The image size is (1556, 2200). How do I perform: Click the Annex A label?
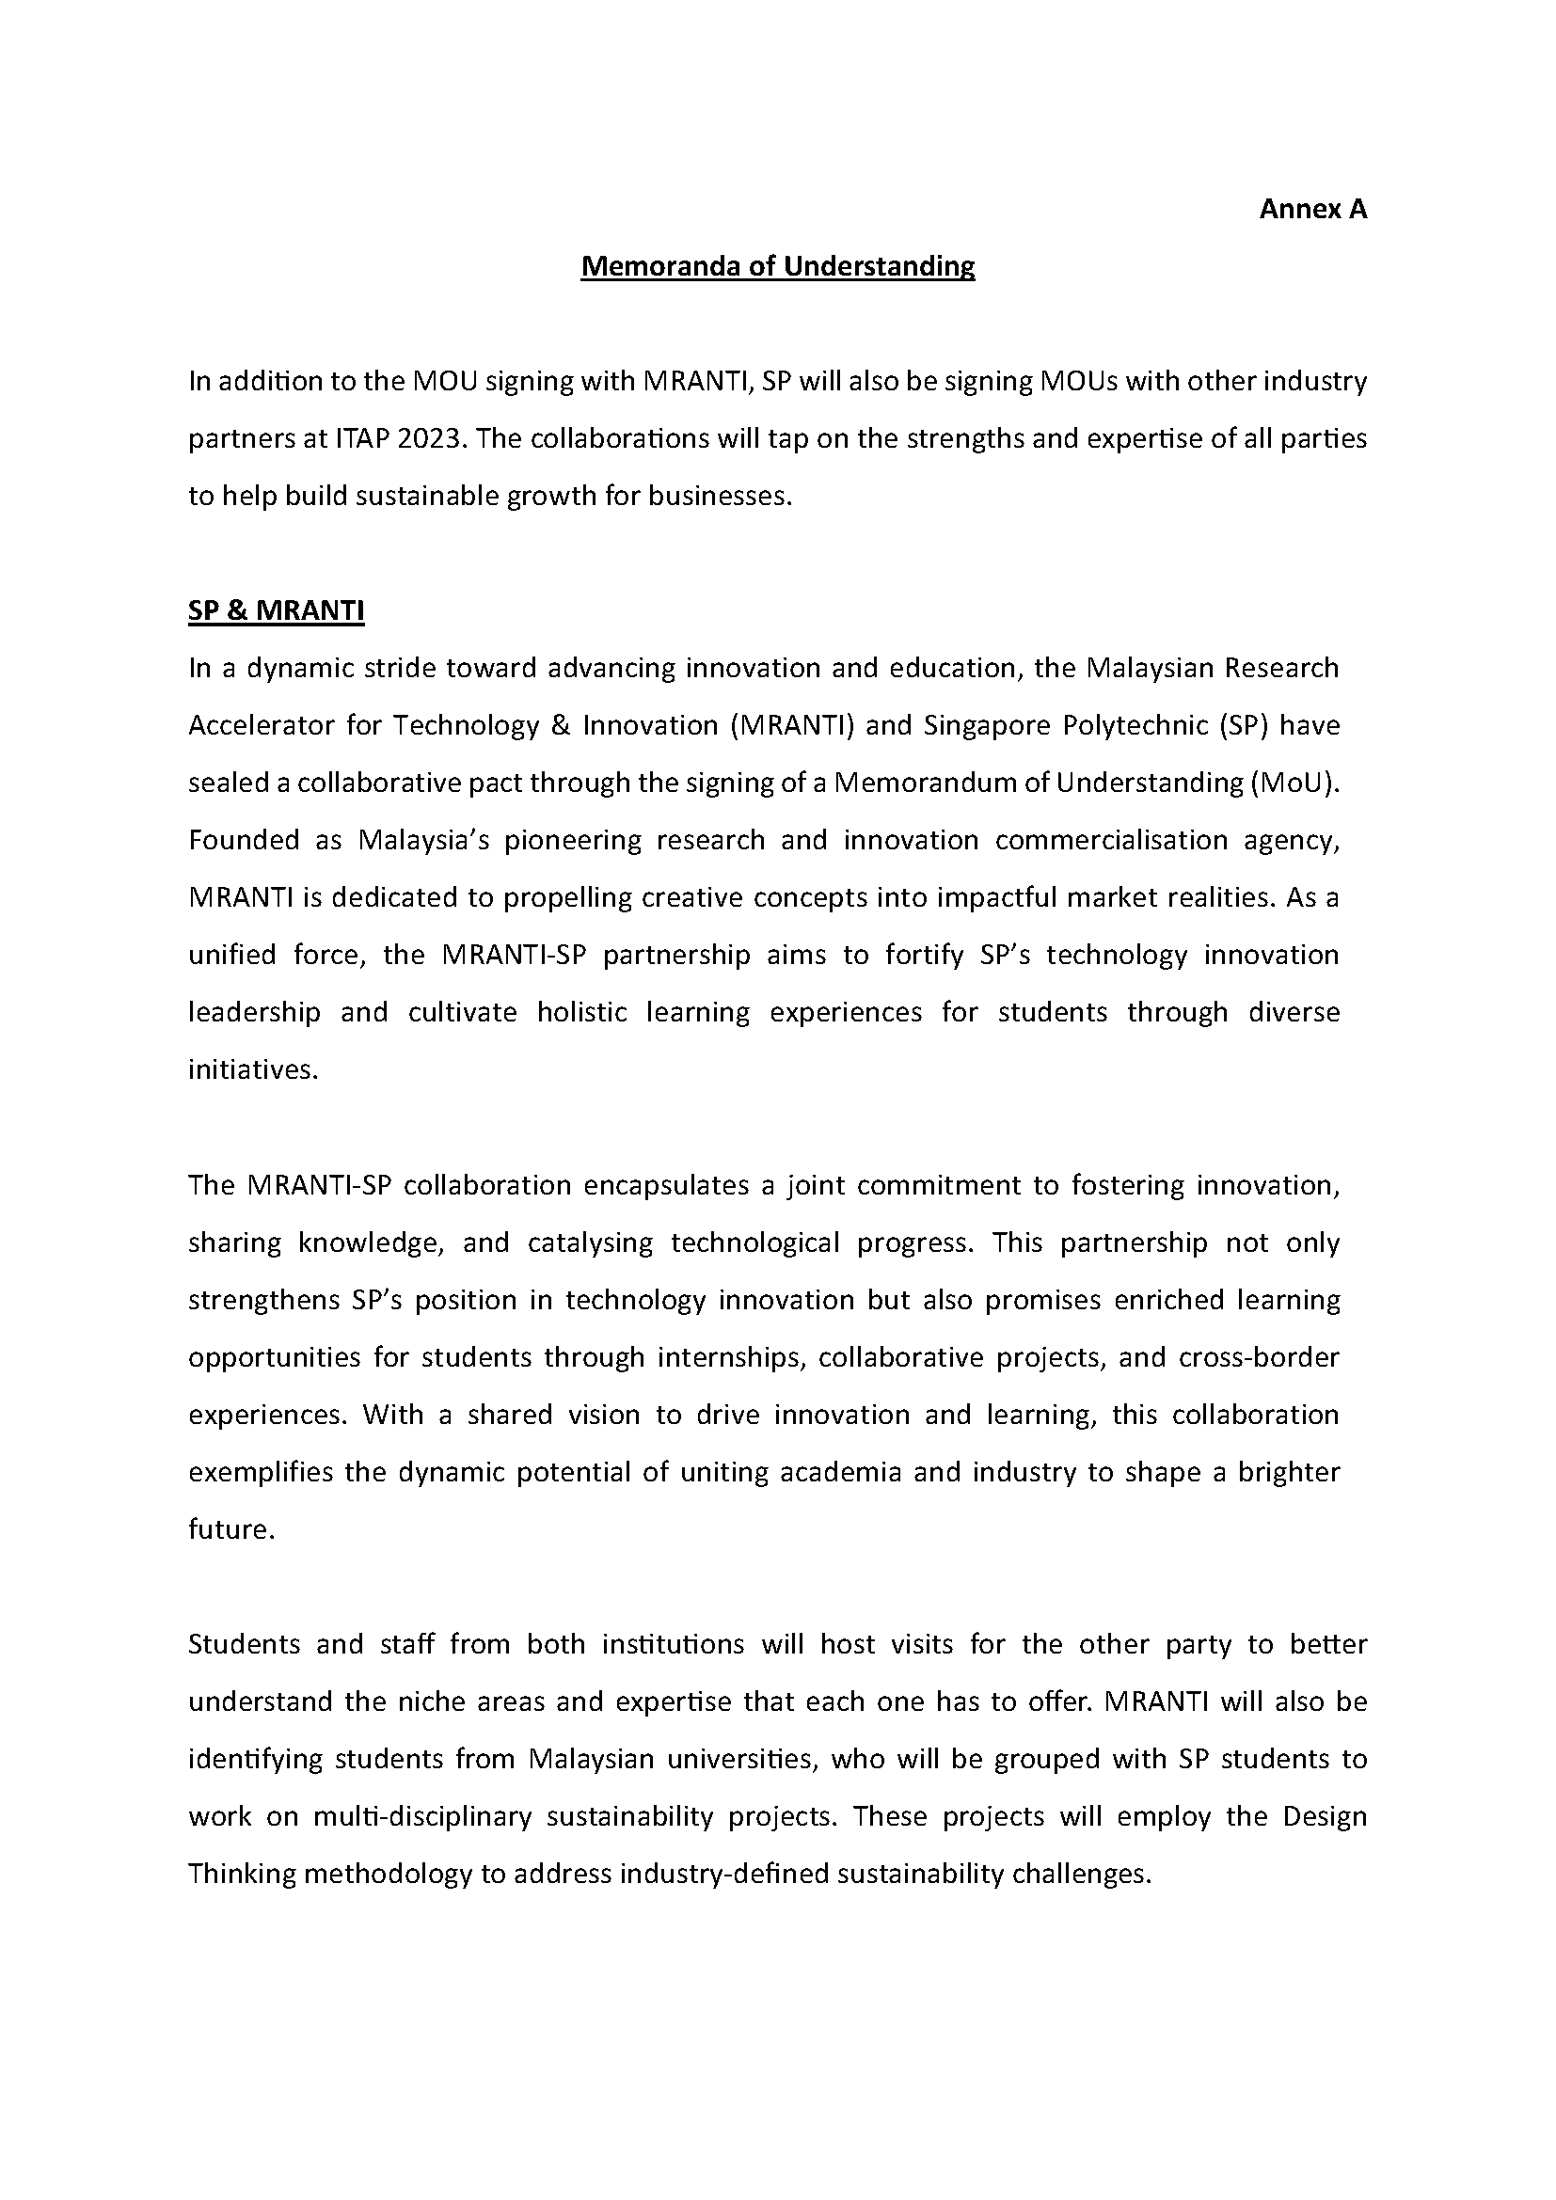click(1311, 209)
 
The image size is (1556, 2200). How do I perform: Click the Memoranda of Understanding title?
click(777, 266)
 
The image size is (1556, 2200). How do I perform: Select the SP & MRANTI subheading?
click(276, 610)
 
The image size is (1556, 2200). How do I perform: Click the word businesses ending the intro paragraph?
click(720, 497)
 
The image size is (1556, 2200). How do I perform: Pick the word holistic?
click(581, 1013)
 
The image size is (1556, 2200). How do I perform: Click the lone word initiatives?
click(252, 1070)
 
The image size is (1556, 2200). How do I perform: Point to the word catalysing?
click(589, 1242)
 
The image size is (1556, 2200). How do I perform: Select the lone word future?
click(230, 1530)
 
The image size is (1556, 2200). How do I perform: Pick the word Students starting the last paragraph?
click(244, 1644)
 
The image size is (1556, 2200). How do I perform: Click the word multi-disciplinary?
click(421, 1817)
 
